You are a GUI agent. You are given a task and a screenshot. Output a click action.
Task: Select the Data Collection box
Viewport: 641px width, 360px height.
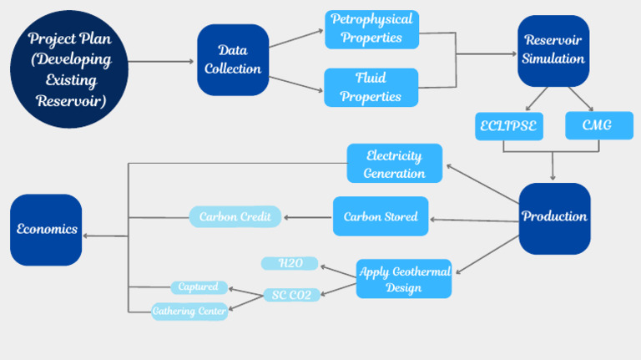tap(233, 60)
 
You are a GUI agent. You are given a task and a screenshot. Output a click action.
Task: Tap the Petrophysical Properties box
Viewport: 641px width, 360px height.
tap(371, 30)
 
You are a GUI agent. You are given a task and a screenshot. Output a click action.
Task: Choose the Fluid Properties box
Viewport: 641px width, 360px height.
tap(371, 88)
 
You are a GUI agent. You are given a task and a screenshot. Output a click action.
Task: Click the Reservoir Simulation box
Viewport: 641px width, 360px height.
tap(553, 50)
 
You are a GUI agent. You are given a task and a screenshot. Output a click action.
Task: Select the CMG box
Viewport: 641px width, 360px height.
tap(598, 126)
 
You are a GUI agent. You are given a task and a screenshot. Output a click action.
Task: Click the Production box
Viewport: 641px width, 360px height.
tap(554, 217)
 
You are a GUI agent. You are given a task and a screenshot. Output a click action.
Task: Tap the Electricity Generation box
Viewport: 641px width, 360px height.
tap(394, 164)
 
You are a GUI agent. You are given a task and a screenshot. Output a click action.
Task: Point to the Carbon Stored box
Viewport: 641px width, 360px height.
tap(381, 216)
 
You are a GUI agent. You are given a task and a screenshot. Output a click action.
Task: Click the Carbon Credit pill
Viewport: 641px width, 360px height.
tap(235, 217)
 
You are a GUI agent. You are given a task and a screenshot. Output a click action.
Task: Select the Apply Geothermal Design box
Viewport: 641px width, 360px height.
tap(404, 279)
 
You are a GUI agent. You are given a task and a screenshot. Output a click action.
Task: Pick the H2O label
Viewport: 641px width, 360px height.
tap(290, 263)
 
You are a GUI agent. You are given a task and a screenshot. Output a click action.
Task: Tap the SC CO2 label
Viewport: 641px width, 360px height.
tap(292, 295)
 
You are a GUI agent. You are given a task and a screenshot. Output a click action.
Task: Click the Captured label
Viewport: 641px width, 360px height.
tap(199, 287)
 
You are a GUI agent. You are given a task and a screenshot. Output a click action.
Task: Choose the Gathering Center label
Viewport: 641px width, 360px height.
tap(189, 312)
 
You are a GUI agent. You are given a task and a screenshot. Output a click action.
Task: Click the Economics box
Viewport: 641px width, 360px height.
tap(46, 230)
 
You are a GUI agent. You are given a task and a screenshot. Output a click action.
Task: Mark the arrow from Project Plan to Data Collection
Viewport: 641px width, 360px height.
tap(163, 61)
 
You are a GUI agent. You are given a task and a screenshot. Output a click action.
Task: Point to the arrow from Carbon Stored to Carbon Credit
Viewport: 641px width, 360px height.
tap(308, 217)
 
